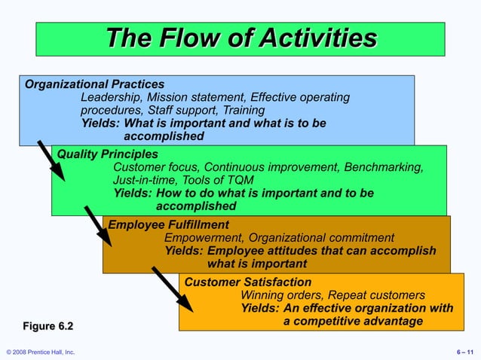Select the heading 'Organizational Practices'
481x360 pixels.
pyautogui.click(x=95, y=84)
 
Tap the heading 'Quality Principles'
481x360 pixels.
pyautogui.click(x=108, y=154)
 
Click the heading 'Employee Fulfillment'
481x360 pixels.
pyautogui.click(x=168, y=224)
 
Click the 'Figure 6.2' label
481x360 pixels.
pyautogui.click(x=48, y=325)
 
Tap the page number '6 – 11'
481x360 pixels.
pyautogui.click(x=464, y=352)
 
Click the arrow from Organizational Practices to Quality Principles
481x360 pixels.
pyautogui.click(x=52, y=160)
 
